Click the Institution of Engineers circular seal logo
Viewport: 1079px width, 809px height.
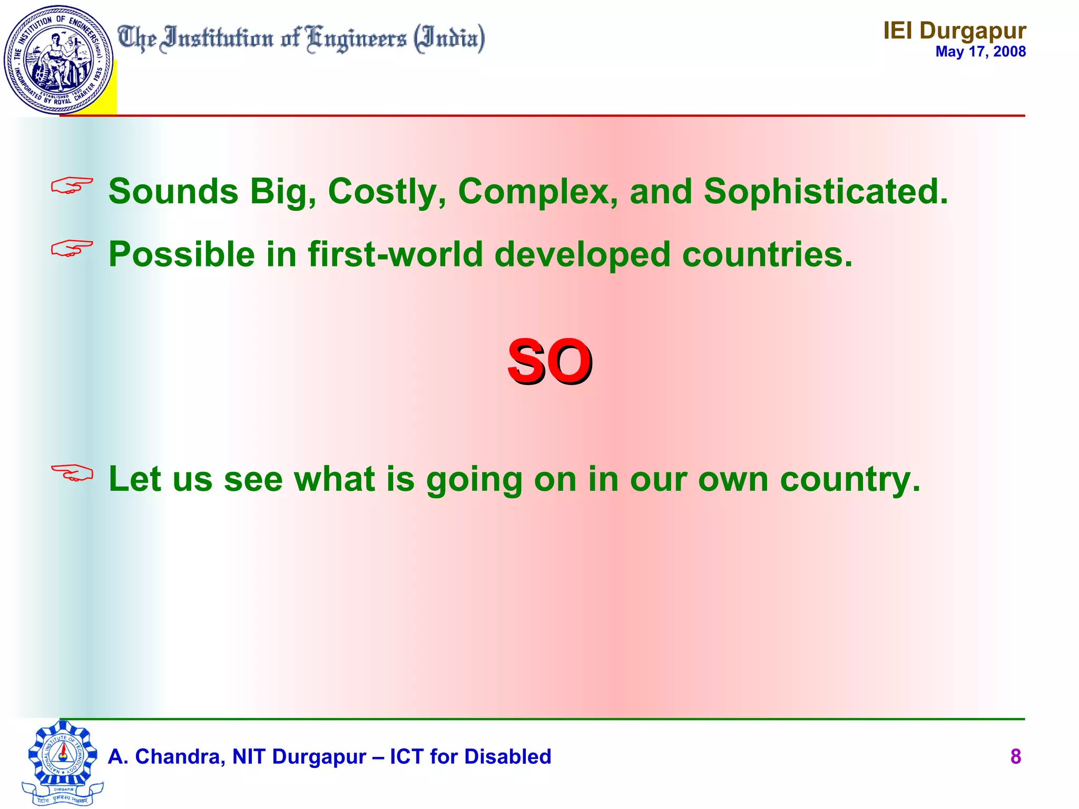click(x=58, y=60)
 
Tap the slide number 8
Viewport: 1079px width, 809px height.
click(x=1015, y=756)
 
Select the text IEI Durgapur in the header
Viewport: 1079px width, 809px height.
click(x=954, y=31)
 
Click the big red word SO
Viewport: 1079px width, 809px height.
click(x=550, y=362)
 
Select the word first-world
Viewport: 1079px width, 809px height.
click(x=395, y=254)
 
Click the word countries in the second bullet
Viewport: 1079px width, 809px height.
click(x=767, y=254)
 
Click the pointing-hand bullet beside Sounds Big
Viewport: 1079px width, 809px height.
click(x=72, y=185)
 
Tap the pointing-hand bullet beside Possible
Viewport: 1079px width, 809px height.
click(x=72, y=248)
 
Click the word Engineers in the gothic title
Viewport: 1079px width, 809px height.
click(x=357, y=40)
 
